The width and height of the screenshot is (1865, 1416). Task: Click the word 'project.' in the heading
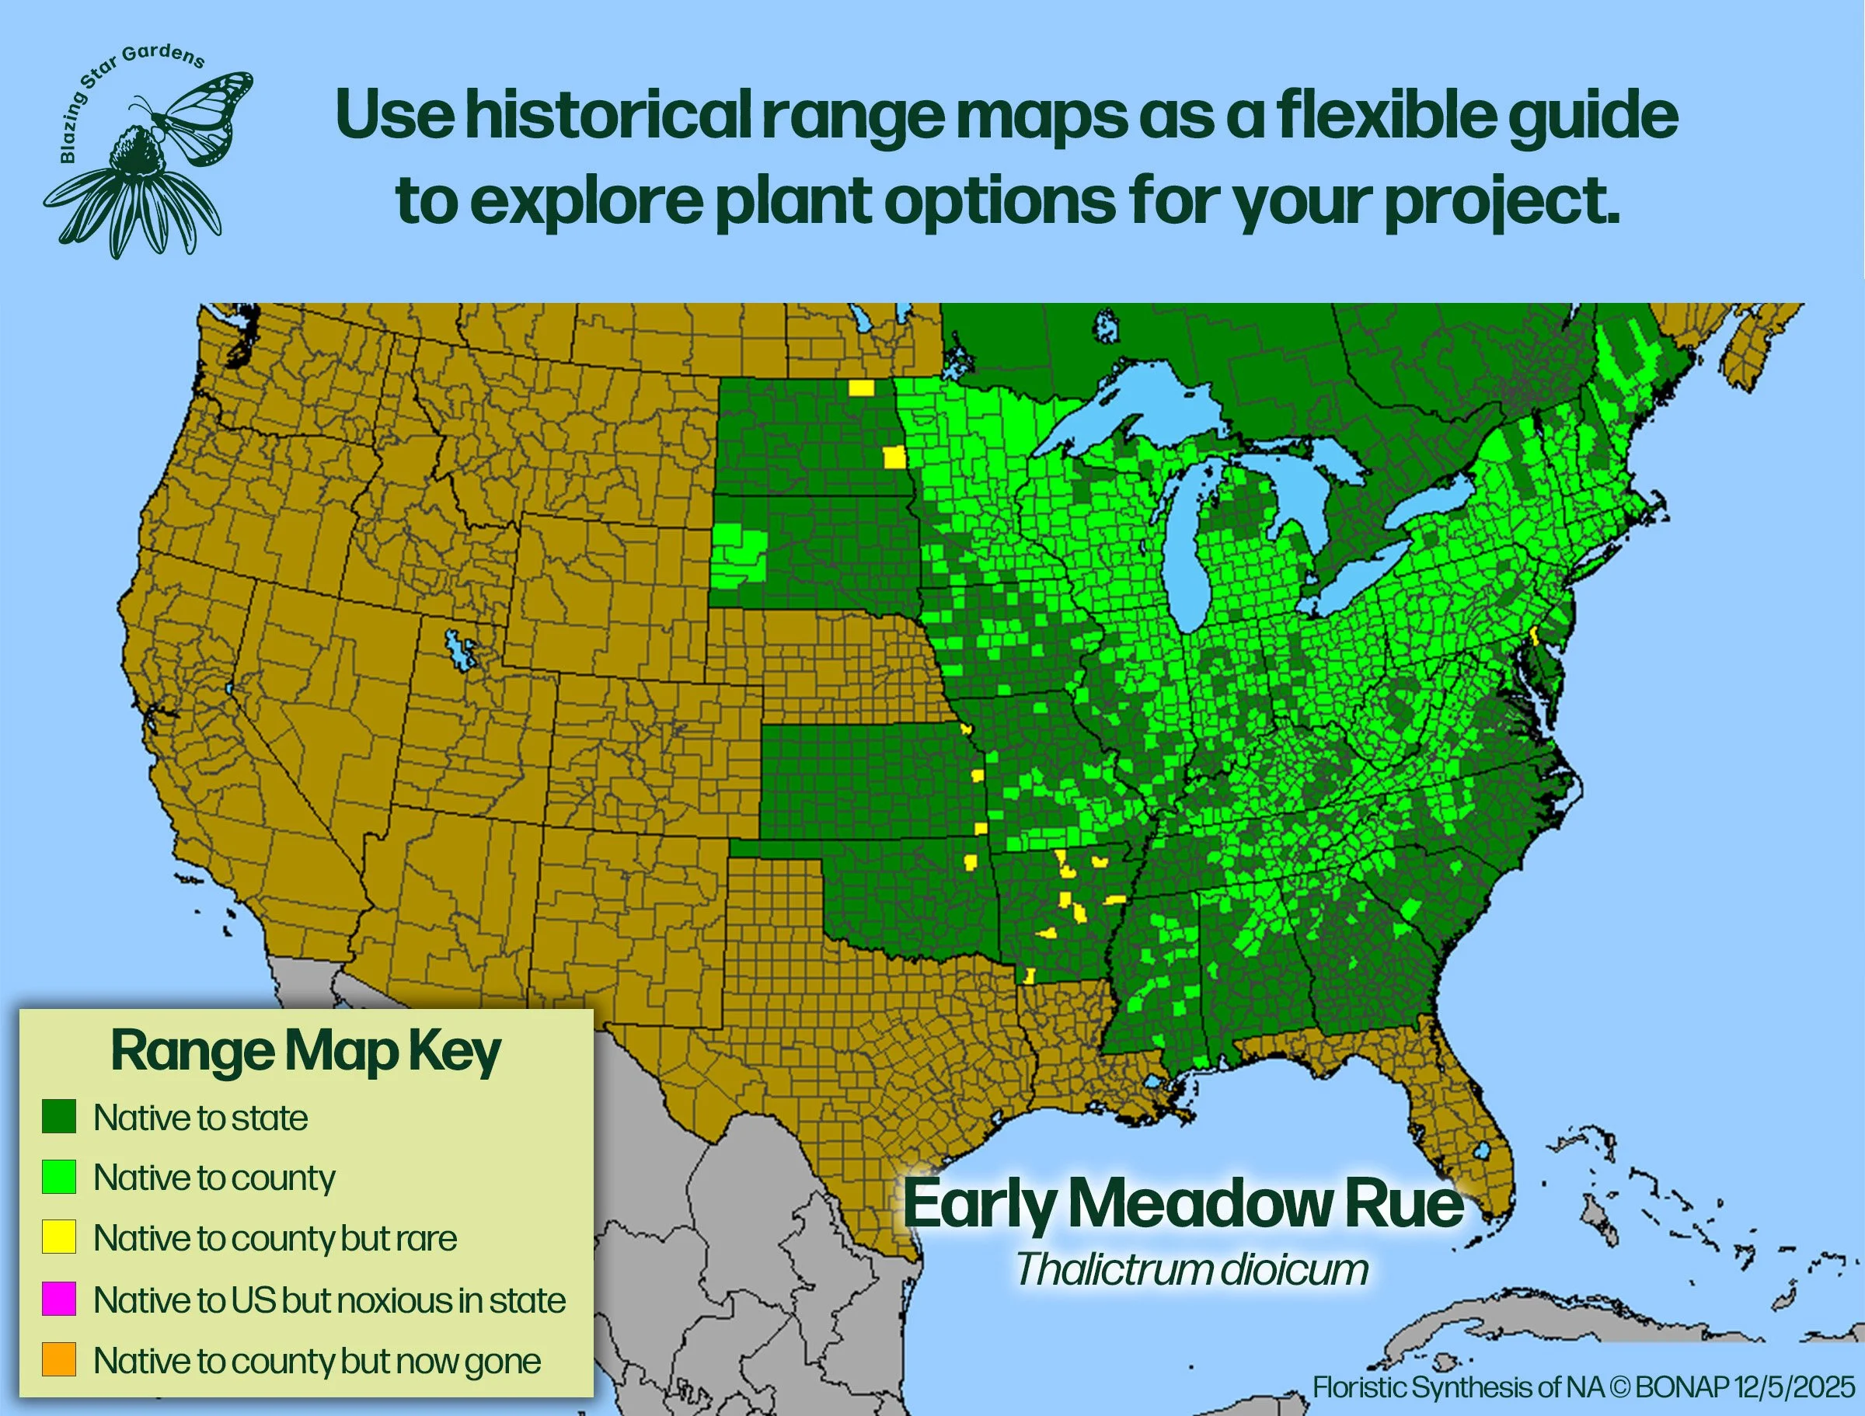[x=1501, y=201]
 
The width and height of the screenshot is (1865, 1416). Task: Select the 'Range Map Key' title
[x=305, y=1051]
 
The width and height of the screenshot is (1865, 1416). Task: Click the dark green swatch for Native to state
[x=59, y=1117]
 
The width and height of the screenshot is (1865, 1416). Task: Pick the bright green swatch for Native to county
[x=59, y=1177]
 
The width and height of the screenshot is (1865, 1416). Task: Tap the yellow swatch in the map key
[x=59, y=1237]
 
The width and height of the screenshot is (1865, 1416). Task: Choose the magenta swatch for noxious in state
[x=59, y=1299]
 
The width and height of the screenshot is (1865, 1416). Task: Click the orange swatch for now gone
[x=59, y=1359]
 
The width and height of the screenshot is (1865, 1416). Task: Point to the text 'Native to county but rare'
[x=275, y=1238]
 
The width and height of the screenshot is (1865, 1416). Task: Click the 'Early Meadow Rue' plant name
[x=1183, y=1205]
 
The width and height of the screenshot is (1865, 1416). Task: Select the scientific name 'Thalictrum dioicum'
[x=1190, y=1269]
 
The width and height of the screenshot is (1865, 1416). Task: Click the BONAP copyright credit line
[x=1584, y=1386]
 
